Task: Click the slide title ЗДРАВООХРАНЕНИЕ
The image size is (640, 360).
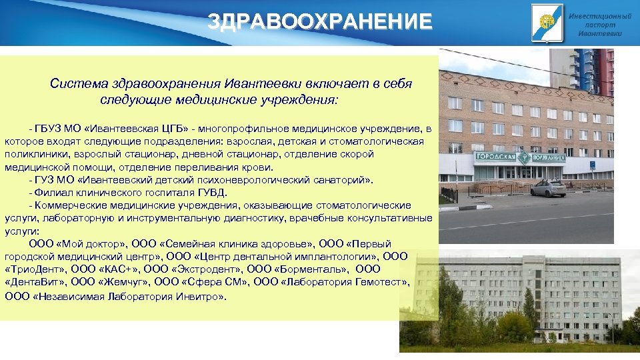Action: (x=320, y=21)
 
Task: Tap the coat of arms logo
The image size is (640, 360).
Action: (x=544, y=21)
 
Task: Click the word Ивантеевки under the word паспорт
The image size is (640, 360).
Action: (x=599, y=33)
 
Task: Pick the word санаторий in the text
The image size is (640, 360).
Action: (x=337, y=179)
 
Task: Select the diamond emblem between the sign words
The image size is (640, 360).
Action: (x=523, y=159)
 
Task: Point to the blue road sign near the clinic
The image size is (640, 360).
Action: (x=592, y=164)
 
